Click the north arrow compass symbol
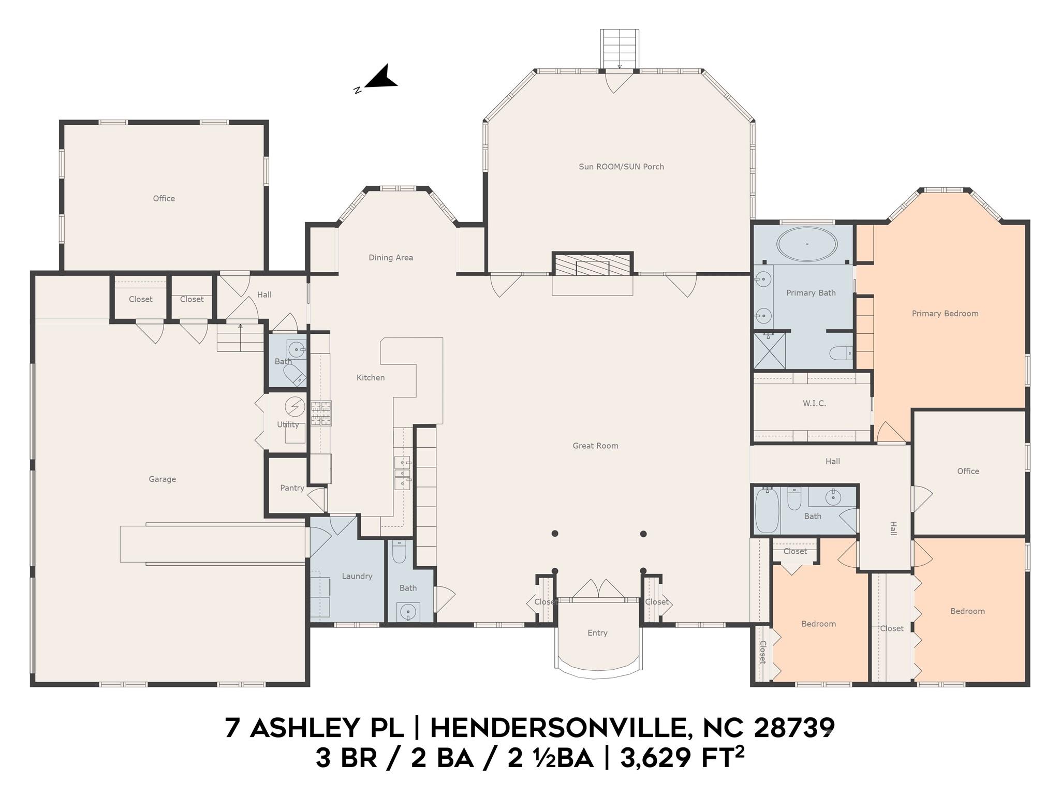click(x=379, y=79)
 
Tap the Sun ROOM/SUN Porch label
click(x=621, y=167)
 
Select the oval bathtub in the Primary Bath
click(x=807, y=244)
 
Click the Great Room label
click(x=595, y=446)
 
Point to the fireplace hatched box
click(x=593, y=264)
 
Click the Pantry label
click(x=292, y=488)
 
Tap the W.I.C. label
click(x=814, y=403)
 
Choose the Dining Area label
click(x=391, y=258)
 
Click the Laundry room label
click(x=357, y=576)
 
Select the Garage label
click(x=163, y=479)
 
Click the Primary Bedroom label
click(x=945, y=314)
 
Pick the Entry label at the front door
click(x=597, y=633)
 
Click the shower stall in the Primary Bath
click(x=769, y=350)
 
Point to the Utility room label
click(x=288, y=425)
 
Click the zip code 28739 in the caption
click(x=794, y=728)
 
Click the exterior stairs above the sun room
click(x=620, y=49)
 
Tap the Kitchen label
click(x=371, y=378)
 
